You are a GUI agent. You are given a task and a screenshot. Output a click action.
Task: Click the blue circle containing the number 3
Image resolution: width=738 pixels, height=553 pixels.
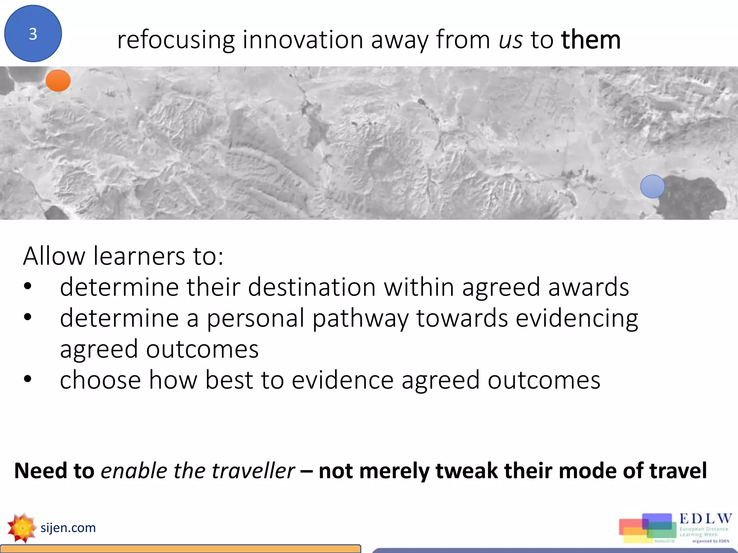click(x=33, y=33)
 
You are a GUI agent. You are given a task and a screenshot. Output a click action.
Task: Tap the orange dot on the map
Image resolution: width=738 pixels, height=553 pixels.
click(x=58, y=80)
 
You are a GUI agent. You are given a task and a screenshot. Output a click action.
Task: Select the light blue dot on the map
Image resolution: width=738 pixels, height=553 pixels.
click(x=652, y=186)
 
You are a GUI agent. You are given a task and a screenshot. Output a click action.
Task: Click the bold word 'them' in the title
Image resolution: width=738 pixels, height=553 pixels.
click(x=591, y=40)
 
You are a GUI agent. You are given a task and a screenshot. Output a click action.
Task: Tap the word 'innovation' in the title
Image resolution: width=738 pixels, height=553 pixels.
click(x=303, y=40)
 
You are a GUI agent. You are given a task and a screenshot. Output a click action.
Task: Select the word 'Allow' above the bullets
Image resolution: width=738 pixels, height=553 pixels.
click(x=54, y=256)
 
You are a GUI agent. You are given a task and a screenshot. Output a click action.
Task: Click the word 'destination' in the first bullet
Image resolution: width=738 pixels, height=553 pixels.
click(x=312, y=287)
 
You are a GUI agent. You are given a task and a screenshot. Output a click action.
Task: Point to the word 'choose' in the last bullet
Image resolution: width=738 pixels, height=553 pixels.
click(x=100, y=380)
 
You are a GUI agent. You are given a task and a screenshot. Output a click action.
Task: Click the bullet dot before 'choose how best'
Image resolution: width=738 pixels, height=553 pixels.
click(x=28, y=379)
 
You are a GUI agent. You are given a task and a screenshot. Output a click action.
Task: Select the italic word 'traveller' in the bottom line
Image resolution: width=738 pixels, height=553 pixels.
click(x=253, y=471)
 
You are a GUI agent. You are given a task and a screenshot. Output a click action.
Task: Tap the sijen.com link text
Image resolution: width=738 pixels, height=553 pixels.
click(x=68, y=528)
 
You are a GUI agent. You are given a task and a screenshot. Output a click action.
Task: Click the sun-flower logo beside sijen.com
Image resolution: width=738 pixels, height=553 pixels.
click(x=22, y=528)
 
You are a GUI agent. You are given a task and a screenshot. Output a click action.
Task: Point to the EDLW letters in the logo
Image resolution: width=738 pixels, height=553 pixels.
click(x=706, y=519)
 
